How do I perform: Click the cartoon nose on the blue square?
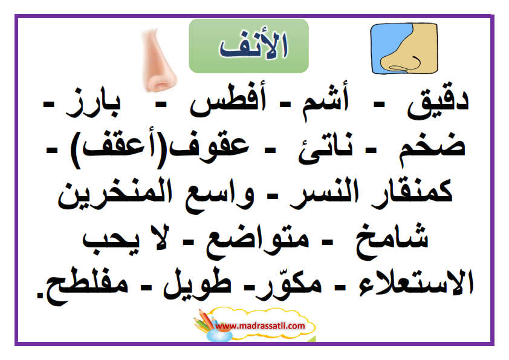[404, 48]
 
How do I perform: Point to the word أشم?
[326, 100]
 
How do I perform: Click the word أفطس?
[228, 99]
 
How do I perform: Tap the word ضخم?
[432, 148]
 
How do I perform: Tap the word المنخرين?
[115, 194]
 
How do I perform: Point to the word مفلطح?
[86, 287]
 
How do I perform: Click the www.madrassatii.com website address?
[260, 326]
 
